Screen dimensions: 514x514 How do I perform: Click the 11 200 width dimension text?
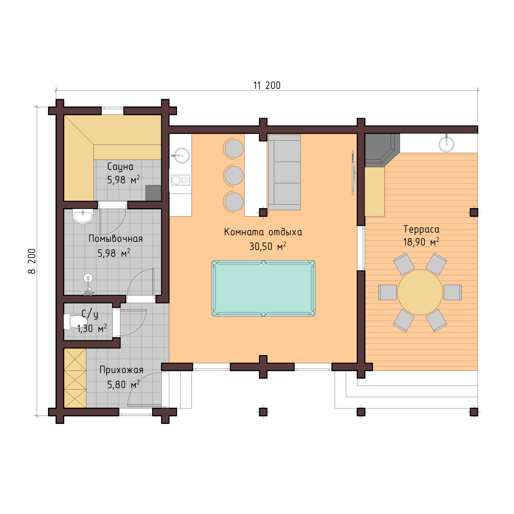(267, 85)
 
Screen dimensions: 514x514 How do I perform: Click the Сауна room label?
(120, 167)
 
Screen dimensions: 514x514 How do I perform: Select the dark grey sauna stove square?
(153, 193)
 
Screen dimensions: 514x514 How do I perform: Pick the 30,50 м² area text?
(267, 247)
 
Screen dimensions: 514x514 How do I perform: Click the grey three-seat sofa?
(284, 172)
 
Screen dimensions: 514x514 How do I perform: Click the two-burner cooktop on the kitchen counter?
(180, 180)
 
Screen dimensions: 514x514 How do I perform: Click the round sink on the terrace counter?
(446, 144)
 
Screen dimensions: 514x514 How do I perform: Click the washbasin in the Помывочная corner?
(83, 216)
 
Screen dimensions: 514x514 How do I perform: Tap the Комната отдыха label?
(263, 232)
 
